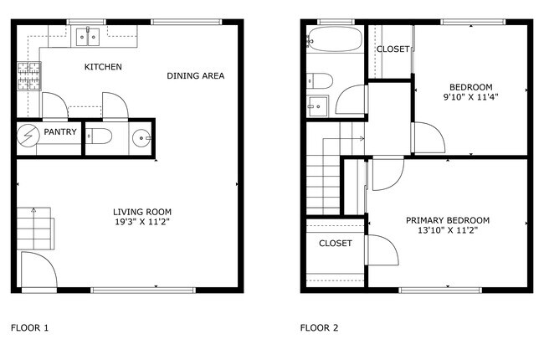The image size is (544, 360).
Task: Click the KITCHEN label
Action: (104, 66)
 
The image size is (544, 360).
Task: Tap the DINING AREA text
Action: (195, 76)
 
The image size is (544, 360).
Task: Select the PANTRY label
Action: (60, 132)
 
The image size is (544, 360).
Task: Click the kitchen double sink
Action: (88, 36)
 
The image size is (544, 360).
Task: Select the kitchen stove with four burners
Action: (28, 76)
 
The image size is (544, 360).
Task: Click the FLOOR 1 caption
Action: (29, 327)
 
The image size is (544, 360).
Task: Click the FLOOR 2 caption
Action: (320, 327)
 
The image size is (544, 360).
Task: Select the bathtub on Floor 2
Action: (334, 39)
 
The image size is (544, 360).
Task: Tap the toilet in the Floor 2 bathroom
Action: (320, 80)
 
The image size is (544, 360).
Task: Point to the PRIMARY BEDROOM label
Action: (448, 220)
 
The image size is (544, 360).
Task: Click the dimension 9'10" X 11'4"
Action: (470, 96)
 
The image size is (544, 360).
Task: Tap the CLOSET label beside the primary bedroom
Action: (335, 244)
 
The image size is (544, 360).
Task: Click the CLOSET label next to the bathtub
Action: (393, 49)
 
